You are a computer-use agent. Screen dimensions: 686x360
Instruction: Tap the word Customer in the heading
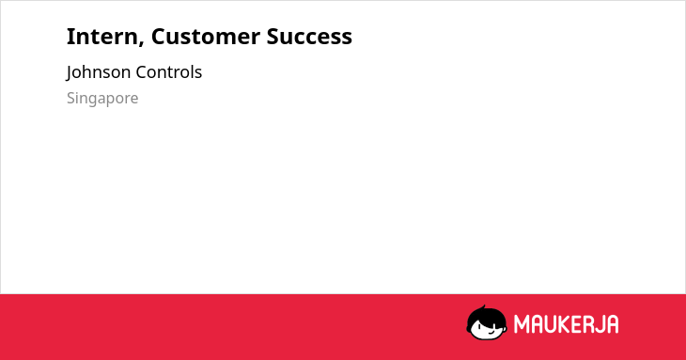[x=205, y=37]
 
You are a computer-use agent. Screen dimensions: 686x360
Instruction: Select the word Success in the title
[x=309, y=37]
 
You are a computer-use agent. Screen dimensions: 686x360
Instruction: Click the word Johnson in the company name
[x=99, y=72]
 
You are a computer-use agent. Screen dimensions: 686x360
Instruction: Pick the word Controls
[x=168, y=72]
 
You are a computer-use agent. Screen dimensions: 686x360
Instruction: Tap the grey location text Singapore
[x=102, y=99]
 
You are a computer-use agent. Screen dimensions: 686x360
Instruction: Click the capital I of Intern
[x=70, y=37]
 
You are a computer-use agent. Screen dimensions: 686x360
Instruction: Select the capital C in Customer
[x=159, y=37]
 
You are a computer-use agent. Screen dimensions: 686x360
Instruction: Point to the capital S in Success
[x=273, y=37]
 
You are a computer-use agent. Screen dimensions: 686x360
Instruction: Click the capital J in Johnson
[x=70, y=73]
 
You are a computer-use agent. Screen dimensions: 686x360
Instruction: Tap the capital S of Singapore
[x=70, y=98]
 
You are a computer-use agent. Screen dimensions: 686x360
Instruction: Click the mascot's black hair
[x=485, y=316]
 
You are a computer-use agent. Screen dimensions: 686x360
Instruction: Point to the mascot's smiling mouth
[x=491, y=333]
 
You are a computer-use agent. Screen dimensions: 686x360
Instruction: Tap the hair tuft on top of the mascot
[x=483, y=307]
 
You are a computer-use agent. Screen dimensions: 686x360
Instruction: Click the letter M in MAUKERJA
[x=521, y=324]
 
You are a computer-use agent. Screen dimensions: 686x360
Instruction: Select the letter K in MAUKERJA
[x=565, y=324]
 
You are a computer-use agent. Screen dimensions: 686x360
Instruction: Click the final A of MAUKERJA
[x=613, y=324]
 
